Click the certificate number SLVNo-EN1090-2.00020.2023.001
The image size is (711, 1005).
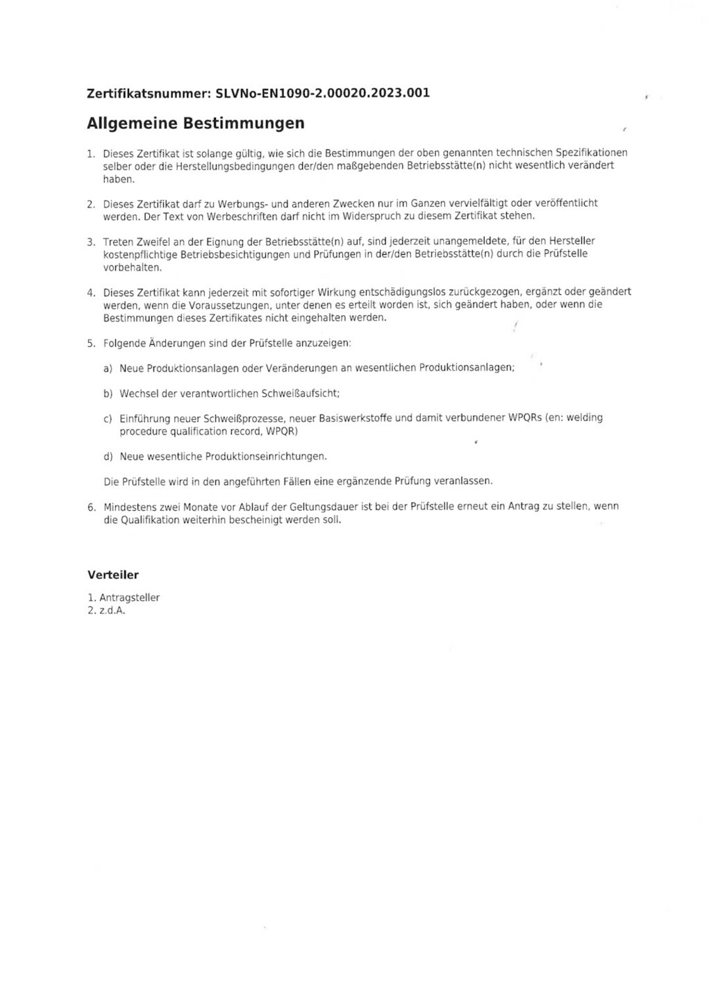tap(323, 93)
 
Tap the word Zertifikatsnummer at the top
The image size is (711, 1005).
tap(149, 93)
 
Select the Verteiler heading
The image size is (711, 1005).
tap(113, 575)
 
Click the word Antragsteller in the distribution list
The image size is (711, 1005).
tap(130, 598)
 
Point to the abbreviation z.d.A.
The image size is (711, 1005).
tap(112, 611)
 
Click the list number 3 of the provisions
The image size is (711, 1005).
tap(91, 242)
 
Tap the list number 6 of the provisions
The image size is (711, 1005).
tap(91, 507)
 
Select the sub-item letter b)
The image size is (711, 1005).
tap(108, 394)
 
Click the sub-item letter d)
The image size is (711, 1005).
tap(108, 457)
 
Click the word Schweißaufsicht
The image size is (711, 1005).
tap(300, 394)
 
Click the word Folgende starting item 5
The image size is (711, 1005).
tap(124, 343)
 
